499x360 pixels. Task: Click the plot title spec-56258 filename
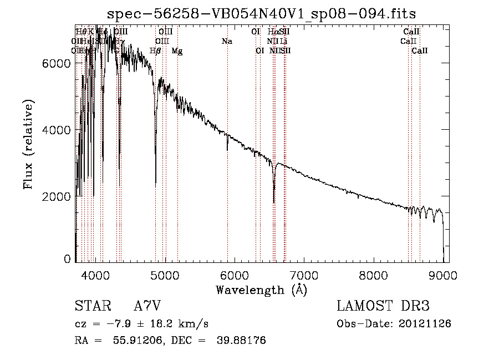[x=262, y=13]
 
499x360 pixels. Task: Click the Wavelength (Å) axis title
[x=261, y=289]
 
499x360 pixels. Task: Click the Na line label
[x=226, y=41]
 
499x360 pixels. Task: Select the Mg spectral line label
[x=177, y=51]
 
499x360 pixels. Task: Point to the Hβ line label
[x=156, y=51]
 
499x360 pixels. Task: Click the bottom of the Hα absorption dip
[x=274, y=202]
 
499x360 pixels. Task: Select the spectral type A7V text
[x=147, y=306]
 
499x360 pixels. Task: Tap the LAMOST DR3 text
[x=383, y=306]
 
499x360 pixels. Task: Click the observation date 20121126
[x=425, y=323]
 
